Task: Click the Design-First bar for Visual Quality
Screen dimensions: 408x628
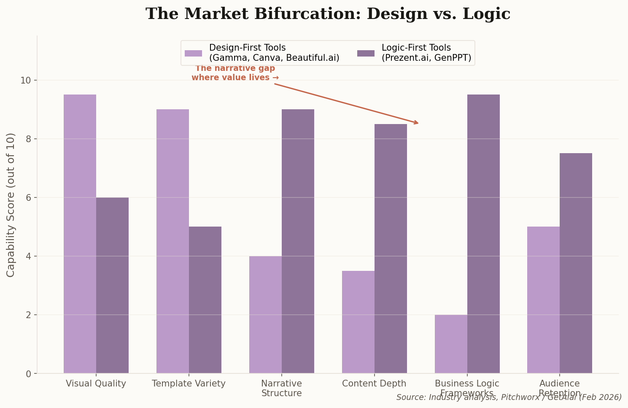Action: (x=80, y=234)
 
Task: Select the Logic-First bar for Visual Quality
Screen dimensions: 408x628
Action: (x=112, y=285)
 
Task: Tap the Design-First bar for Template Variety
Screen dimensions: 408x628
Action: (x=172, y=241)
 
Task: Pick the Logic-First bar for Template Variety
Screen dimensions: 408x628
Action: (x=205, y=300)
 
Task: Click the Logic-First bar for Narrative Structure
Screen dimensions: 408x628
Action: (x=298, y=241)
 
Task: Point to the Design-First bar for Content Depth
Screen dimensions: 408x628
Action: (x=358, y=322)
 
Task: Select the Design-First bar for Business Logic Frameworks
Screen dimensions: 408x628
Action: (x=451, y=344)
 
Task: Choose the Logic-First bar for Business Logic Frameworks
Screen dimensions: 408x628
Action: (x=483, y=234)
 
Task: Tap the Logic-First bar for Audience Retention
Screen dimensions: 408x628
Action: (x=576, y=263)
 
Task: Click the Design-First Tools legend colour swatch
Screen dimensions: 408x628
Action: (x=193, y=53)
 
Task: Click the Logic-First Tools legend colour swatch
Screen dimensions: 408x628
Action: (x=366, y=53)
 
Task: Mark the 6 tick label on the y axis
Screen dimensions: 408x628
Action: (x=28, y=197)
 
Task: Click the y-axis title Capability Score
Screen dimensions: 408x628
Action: (x=11, y=205)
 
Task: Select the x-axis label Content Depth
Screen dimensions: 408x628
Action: (x=374, y=384)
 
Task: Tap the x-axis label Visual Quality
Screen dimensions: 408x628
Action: (x=96, y=384)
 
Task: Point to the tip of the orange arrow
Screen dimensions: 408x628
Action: (x=418, y=124)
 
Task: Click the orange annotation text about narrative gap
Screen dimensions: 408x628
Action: (x=235, y=73)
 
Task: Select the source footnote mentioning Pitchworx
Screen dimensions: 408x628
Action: (x=509, y=397)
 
